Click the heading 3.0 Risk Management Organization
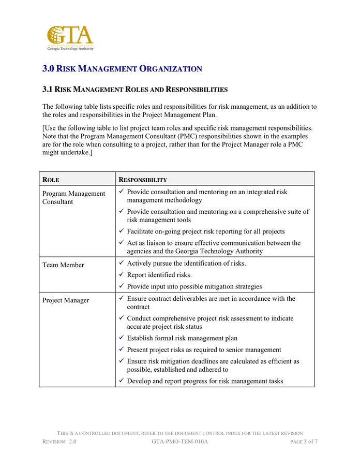point(122,68)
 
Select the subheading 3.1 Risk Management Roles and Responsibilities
point(134,90)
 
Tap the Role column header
point(51,180)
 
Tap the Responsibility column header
point(143,180)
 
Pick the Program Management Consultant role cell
point(73,197)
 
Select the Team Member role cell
point(63,265)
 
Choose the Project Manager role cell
point(66,300)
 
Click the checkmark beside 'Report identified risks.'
point(121,274)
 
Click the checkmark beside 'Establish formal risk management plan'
point(121,338)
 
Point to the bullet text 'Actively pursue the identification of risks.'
point(186,264)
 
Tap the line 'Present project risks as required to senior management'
point(204,350)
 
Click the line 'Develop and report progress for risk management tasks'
point(205,381)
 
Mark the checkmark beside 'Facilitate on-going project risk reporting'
point(121,231)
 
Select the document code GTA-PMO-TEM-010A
point(180,442)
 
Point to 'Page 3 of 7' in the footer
point(304,442)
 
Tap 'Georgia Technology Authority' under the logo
point(70,48)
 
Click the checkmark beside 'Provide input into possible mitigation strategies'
point(121,286)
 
